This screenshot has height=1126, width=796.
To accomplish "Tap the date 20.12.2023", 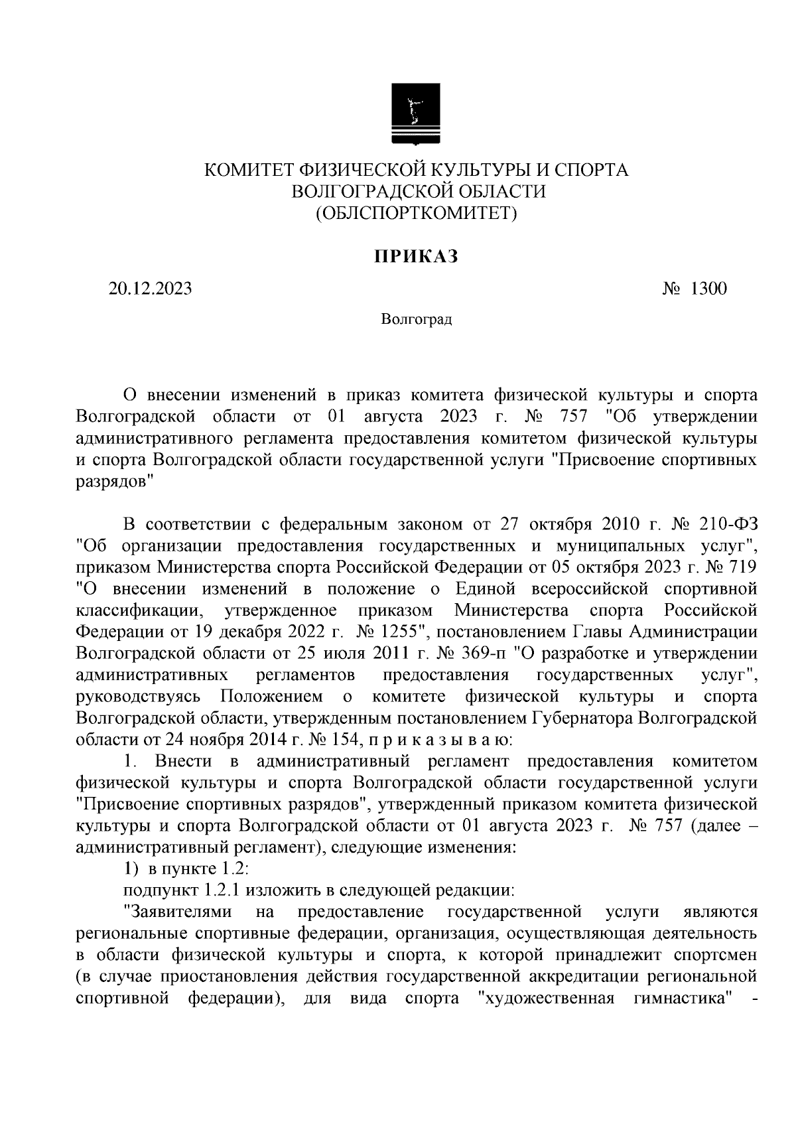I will click(x=151, y=289).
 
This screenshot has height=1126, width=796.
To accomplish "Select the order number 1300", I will click(x=709, y=289).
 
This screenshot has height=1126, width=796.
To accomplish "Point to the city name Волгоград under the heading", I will click(x=416, y=320).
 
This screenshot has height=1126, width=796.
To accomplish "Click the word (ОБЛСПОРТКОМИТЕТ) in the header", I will click(x=416, y=213).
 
